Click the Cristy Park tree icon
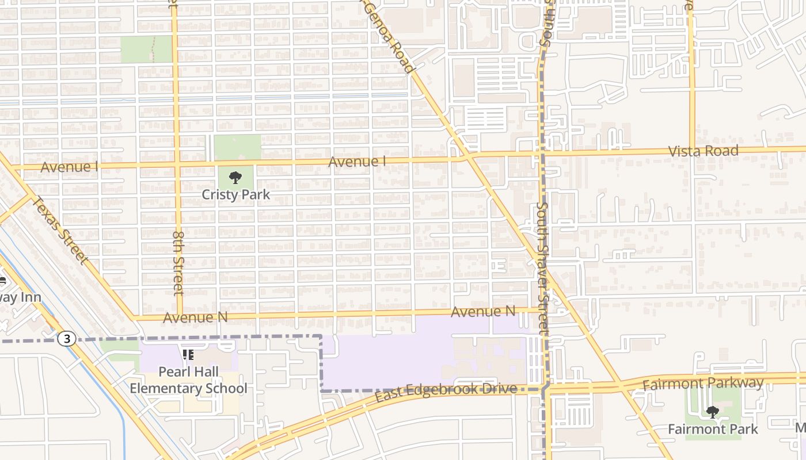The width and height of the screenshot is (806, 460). click(x=235, y=177)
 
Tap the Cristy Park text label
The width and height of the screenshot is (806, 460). click(x=235, y=195)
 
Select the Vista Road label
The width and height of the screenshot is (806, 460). click(x=703, y=151)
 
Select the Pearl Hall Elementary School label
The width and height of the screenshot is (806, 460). click(x=188, y=381)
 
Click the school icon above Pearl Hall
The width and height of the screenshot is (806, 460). click(x=188, y=355)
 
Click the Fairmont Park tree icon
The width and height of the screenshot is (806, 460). click(x=713, y=412)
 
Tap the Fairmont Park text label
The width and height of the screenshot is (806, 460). click(x=713, y=429)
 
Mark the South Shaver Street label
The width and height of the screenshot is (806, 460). click(x=543, y=267)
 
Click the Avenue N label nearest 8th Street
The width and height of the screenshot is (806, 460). click(x=195, y=317)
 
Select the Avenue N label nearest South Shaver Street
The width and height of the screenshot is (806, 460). click(x=482, y=312)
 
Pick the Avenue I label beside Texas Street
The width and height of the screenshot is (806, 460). click(x=69, y=167)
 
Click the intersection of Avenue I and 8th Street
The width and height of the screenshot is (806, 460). click(x=177, y=166)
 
